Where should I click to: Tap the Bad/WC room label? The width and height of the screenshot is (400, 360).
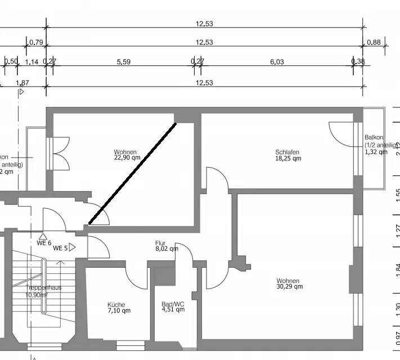click(x=173, y=303)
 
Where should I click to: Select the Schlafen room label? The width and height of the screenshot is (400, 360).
click(x=287, y=152)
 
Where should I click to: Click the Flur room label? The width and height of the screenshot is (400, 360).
click(x=161, y=244)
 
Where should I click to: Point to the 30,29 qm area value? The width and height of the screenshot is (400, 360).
click(x=289, y=286)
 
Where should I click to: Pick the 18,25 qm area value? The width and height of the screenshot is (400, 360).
click(x=288, y=159)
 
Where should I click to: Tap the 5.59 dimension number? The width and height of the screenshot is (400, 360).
click(x=124, y=62)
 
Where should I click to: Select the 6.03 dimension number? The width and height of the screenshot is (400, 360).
click(x=277, y=62)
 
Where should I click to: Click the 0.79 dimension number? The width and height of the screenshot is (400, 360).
click(x=36, y=42)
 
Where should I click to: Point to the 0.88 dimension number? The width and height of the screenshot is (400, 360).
click(x=374, y=42)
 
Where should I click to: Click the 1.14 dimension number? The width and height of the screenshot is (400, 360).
click(x=32, y=62)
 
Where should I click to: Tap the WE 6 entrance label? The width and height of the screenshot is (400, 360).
click(x=44, y=243)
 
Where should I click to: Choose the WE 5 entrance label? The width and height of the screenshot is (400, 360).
click(x=60, y=248)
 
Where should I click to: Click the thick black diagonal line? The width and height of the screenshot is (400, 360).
click(x=133, y=173)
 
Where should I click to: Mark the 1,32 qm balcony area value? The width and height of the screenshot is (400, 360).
click(x=376, y=151)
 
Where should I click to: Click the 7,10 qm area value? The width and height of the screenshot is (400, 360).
click(x=119, y=310)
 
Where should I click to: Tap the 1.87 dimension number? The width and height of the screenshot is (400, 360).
click(x=23, y=83)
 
